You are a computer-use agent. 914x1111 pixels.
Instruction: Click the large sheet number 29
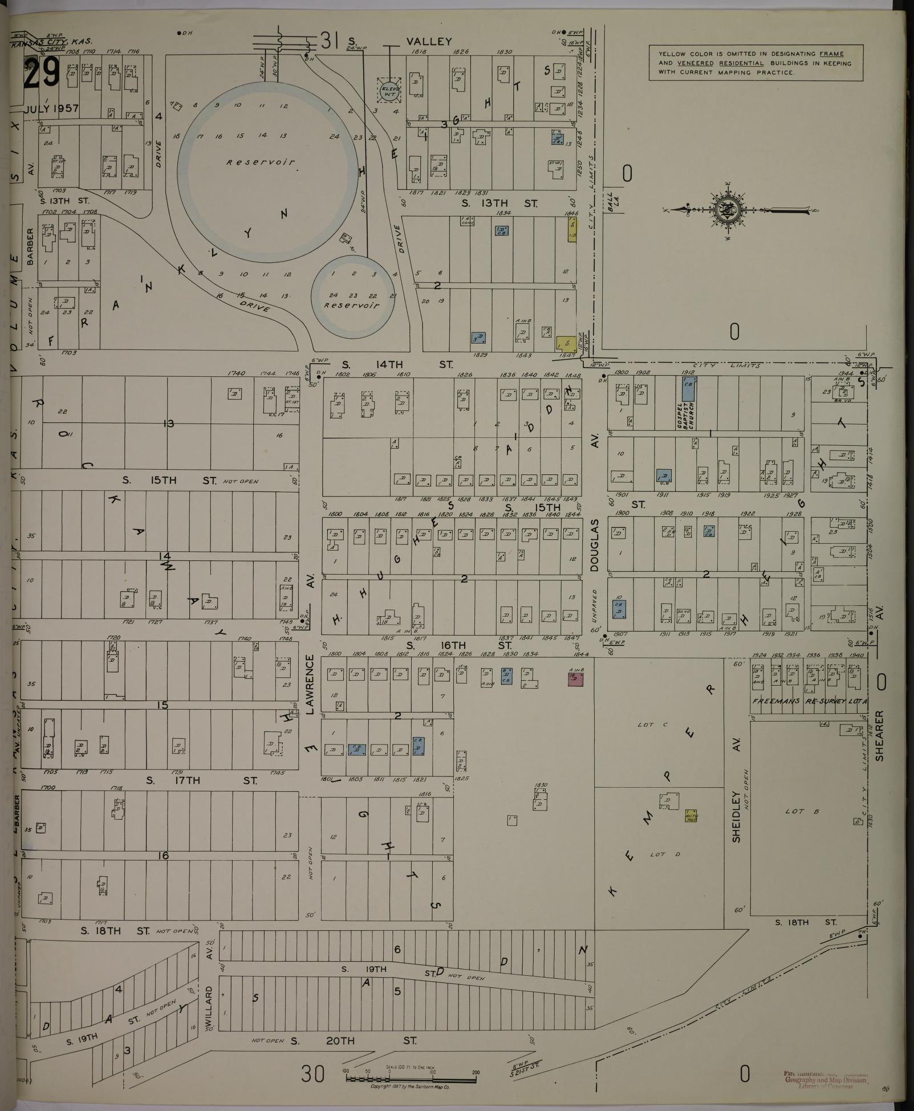coord(41,74)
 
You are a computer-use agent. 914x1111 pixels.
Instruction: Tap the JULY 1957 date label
coord(52,108)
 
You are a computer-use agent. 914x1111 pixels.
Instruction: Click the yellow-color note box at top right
coord(755,63)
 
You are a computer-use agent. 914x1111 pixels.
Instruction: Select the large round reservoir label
coord(261,162)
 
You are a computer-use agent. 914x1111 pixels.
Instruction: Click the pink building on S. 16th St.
coord(575,678)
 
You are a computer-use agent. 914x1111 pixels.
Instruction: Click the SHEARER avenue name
coord(879,735)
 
